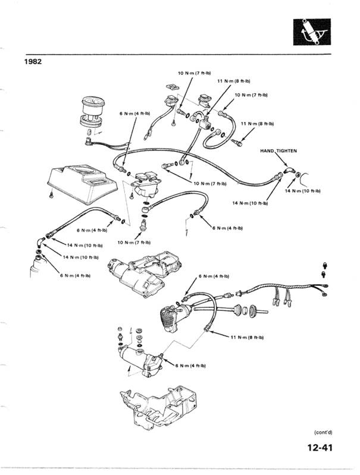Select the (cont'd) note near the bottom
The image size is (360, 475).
[x=324, y=432]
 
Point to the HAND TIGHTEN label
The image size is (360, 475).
[x=278, y=150]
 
